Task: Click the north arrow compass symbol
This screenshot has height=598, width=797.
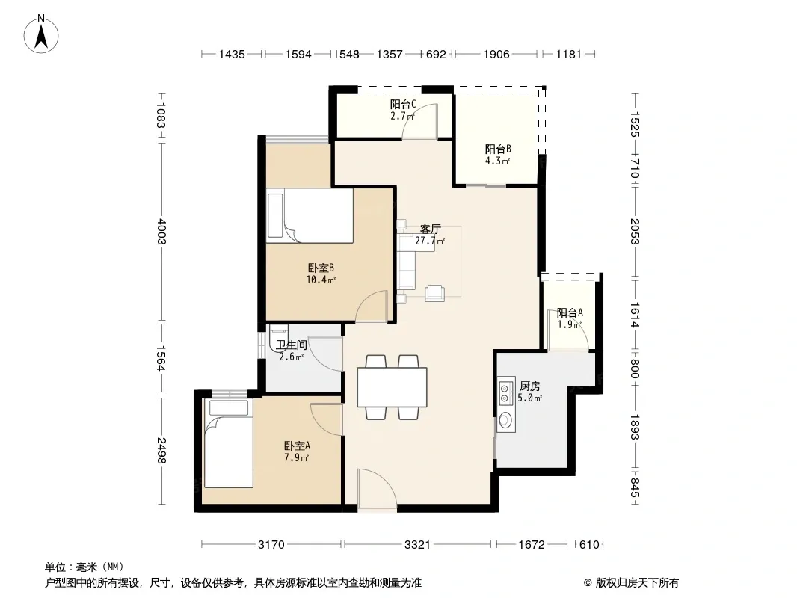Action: tap(41, 34)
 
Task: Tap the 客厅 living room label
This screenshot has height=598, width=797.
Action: tap(430, 229)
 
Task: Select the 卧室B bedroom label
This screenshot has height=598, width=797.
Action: tap(321, 268)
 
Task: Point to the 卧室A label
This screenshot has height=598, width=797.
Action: tap(297, 446)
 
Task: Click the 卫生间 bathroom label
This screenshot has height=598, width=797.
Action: tap(292, 345)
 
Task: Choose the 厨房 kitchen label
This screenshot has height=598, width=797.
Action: tap(529, 386)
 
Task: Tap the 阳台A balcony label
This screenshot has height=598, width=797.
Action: tap(570, 312)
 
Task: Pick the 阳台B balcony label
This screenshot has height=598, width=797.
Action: tap(498, 149)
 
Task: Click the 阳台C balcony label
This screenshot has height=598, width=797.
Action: tap(403, 104)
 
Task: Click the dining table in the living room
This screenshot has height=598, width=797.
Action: tap(392, 387)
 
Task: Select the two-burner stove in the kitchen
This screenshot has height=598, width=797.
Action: tap(505, 392)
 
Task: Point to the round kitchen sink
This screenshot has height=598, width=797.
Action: tap(505, 420)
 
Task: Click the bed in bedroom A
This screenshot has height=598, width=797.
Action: tap(228, 443)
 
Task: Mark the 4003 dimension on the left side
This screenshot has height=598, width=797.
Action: tap(161, 231)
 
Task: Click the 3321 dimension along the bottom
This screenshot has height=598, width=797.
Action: tap(417, 545)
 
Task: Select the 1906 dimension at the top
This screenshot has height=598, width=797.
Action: tap(496, 54)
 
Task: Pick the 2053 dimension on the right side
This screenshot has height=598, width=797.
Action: tap(635, 231)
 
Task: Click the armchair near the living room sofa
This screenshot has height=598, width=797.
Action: tap(434, 293)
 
